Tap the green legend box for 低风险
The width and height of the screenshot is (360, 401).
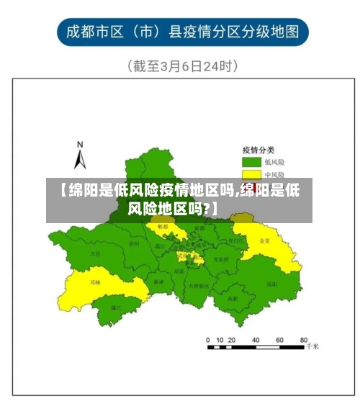click(251, 162)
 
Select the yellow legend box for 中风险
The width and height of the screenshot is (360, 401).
click(251, 174)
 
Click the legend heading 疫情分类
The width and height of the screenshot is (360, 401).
click(258, 149)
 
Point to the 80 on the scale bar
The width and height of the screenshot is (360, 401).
click(303, 339)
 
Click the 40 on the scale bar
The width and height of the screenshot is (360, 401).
click(256, 339)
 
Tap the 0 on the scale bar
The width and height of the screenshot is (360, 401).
click(208, 339)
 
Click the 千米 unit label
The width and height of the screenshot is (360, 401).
click(311, 347)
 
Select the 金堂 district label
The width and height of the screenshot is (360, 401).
click(265, 241)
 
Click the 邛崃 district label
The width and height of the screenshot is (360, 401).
click(95, 282)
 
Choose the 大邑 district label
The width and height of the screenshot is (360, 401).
click(94, 253)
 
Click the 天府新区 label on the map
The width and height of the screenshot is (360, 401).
click(198, 286)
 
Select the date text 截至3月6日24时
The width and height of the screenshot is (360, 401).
click(183, 66)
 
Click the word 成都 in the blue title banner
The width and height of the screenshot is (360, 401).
click(81, 32)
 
